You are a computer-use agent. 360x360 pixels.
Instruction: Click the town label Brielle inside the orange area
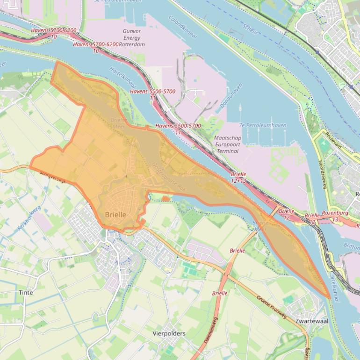pyautogui.click(x=115, y=215)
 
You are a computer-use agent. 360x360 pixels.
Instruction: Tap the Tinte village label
pyautogui.click(x=26, y=292)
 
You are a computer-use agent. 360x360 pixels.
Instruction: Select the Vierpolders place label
pyautogui.click(x=169, y=333)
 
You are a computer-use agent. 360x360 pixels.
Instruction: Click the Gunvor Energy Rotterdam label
pyautogui.click(x=131, y=38)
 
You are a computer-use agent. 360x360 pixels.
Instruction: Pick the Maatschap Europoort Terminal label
pyautogui.click(x=227, y=144)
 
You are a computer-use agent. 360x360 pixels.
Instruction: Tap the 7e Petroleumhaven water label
pyautogui.click(x=262, y=125)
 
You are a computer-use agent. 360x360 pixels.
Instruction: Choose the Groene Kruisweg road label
pyautogui.click(x=271, y=307)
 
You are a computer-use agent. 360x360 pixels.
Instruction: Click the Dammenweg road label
pyautogui.click(x=209, y=330)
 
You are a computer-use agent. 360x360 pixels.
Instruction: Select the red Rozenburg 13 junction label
pyautogui.click(x=335, y=216)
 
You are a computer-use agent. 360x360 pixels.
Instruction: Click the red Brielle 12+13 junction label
pyautogui.click(x=238, y=177)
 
